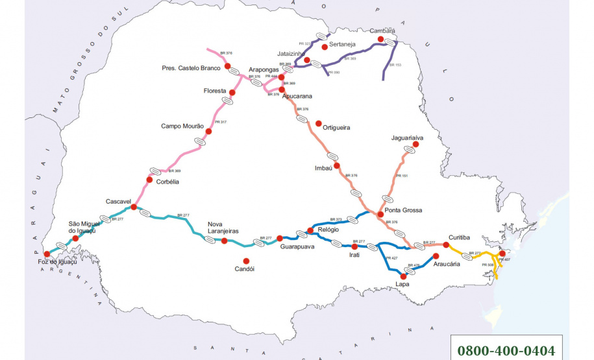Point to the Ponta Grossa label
pos(403,210)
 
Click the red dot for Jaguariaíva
pos(416,145)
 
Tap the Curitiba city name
pos(464,237)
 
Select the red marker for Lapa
pos(404,277)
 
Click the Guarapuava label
pos(298,246)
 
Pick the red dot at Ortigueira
pos(318,123)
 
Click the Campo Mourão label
pos(182,126)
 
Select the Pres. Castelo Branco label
pos(192,67)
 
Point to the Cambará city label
pos(382,30)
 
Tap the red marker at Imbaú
pos(337,165)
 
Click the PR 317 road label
pos(219,122)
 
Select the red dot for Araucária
pos(436,256)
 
